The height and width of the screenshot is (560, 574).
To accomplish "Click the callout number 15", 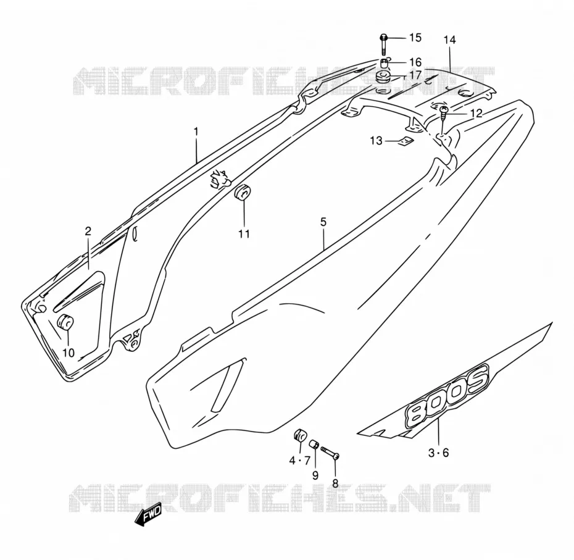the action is [415, 38].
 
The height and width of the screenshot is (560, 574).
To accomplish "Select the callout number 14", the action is [449, 40].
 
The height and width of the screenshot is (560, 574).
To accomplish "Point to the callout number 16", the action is [415, 62].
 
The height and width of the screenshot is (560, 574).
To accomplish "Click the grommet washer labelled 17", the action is [383, 78].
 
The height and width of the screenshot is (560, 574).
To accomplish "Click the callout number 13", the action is [376, 140].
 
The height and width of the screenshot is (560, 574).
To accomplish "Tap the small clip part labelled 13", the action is [406, 141].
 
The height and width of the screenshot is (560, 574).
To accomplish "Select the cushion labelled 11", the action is [243, 193].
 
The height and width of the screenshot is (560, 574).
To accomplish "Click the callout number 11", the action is [244, 233].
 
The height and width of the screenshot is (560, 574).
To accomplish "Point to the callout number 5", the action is [323, 222].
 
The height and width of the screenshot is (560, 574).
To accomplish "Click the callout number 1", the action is [196, 131].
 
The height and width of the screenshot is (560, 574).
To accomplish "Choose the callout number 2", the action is [88, 231].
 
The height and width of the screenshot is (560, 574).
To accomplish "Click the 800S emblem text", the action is [447, 395].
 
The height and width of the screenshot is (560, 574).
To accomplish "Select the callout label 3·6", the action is [439, 453].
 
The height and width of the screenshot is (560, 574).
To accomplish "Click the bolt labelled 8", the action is [331, 452].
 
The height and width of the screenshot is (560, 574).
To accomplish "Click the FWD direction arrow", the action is [148, 517].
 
